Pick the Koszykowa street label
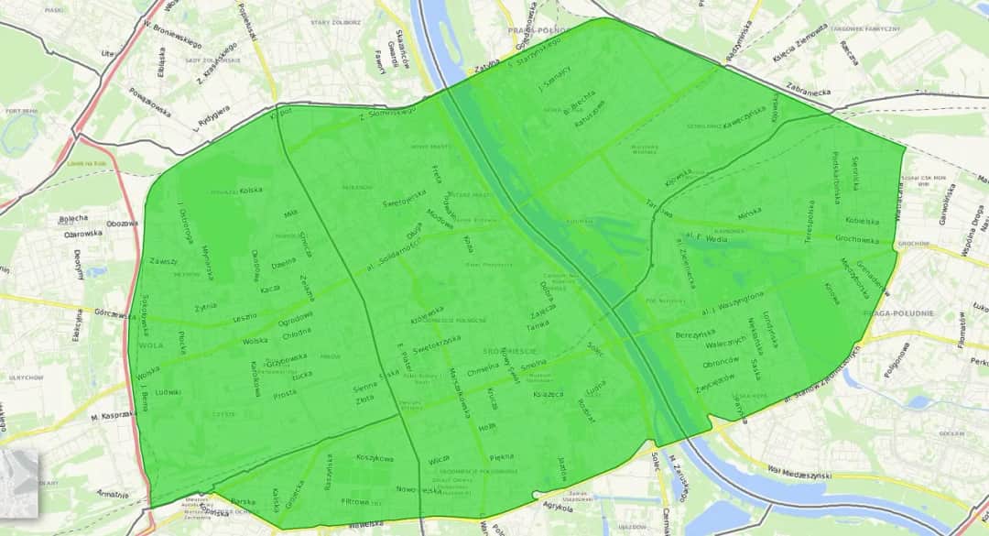coord(374,459)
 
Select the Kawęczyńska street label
coord(744,118)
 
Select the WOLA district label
coord(148,346)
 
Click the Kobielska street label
coord(862,220)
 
